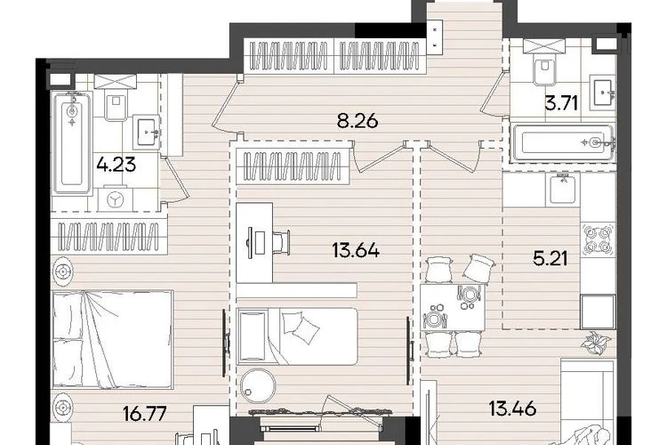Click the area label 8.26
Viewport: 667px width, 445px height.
358,122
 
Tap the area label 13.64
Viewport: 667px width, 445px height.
356,250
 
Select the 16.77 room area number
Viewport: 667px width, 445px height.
144,414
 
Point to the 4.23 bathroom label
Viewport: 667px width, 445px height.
116,165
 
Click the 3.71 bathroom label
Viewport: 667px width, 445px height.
561,103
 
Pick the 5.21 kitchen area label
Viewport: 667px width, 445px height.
550,258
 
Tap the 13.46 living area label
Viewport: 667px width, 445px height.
512,409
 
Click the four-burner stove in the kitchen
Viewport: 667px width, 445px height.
599,239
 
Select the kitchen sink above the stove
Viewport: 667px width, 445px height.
562,189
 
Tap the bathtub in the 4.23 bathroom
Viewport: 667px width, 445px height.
72,143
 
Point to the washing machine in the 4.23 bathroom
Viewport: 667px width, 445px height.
115,199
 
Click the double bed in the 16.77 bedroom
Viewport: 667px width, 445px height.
112,339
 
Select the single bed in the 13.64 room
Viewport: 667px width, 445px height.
297,336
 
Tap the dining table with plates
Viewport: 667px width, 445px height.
453,307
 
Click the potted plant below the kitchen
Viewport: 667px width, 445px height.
596,343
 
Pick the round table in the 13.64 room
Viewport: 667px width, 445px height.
257,384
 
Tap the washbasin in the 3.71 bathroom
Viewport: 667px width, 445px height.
604,92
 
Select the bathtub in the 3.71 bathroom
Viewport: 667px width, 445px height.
564,142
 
